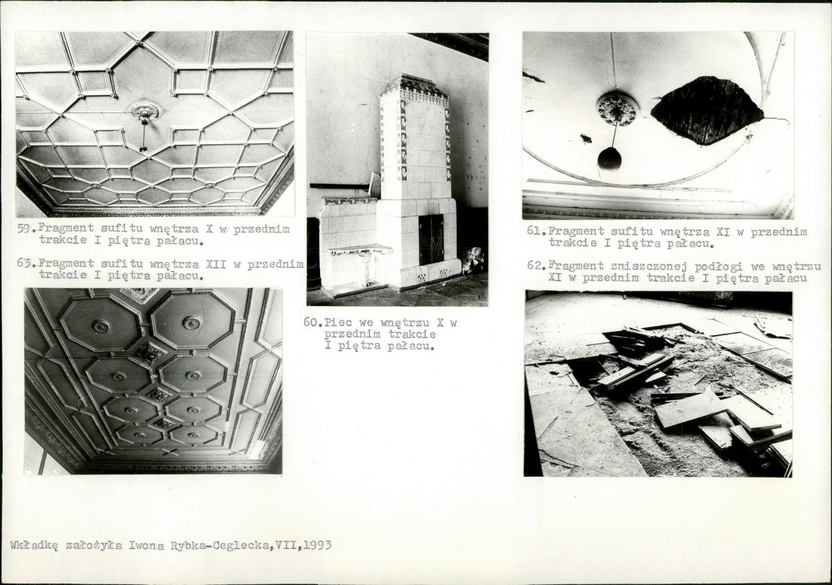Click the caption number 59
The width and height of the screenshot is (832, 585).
click(24, 229)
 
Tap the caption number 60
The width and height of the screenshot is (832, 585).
click(310, 322)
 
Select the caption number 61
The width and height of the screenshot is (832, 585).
click(534, 232)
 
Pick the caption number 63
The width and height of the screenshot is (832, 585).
click(24, 263)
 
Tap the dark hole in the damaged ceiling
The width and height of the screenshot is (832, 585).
click(707, 110)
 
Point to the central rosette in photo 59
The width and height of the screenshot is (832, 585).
click(145, 111)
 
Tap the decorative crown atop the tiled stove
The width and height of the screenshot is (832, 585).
click(416, 87)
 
